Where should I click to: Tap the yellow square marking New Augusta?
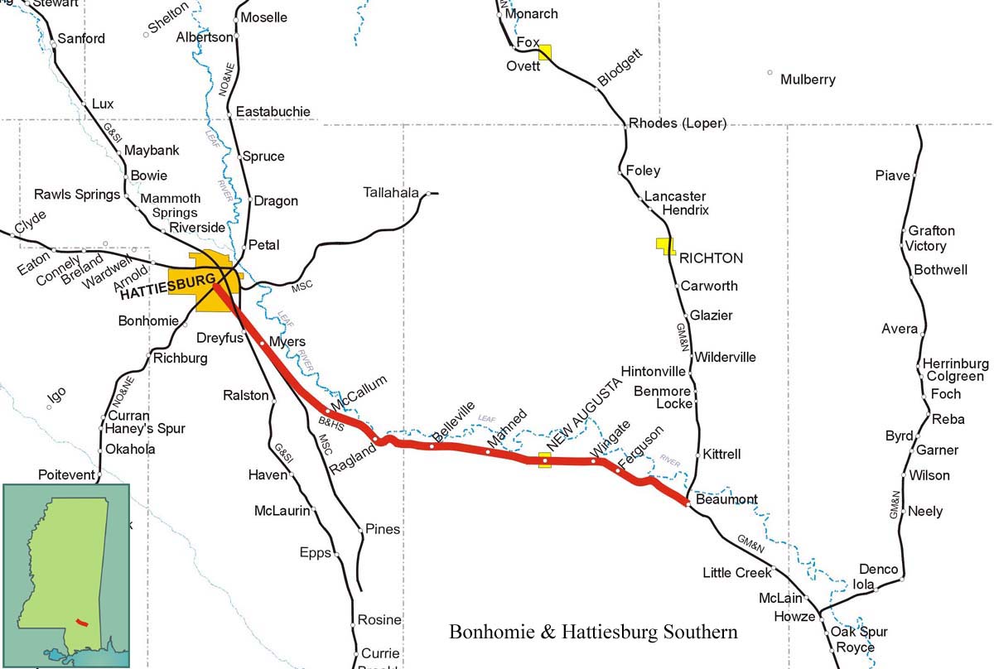click(x=545, y=460)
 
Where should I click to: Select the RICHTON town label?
click(x=711, y=258)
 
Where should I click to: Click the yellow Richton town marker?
click(x=665, y=245)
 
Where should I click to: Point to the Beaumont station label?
click(x=726, y=500)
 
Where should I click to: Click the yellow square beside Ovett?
click(x=544, y=53)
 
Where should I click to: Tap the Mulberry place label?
click(x=808, y=80)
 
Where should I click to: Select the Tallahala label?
click(x=391, y=193)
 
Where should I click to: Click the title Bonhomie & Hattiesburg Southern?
click(x=592, y=633)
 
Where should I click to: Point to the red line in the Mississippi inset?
click(x=81, y=620)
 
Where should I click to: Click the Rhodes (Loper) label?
click(x=677, y=123)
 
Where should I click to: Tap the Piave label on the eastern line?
click(x=892, y=176)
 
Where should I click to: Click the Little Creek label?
click(x=736, y=572)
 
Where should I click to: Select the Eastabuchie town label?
click(x=273, y=111)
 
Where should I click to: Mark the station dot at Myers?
click(x=262, y=342)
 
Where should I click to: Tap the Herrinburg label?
click(x=955, y=363)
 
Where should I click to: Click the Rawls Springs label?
click(x=77, y=195)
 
